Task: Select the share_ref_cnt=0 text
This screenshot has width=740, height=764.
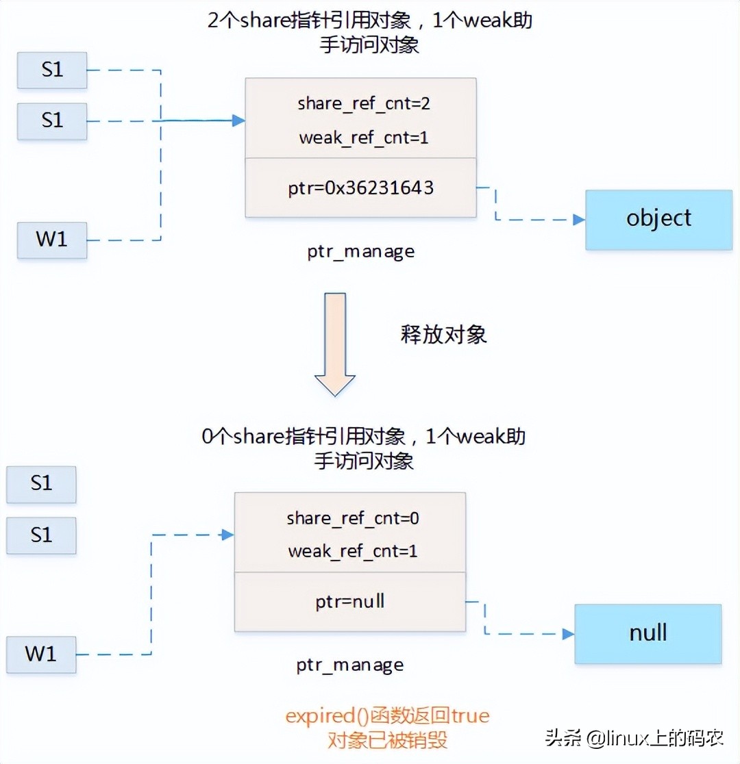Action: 352,518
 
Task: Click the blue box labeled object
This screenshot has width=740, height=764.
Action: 658,219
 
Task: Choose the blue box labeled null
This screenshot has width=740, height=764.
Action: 647,633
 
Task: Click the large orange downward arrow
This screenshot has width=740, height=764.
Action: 334,344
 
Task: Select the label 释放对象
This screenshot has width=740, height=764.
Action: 443,334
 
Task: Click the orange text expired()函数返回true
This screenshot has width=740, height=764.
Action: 387,716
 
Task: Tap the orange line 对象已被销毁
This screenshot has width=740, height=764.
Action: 387,740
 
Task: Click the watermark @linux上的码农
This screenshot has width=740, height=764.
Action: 634,738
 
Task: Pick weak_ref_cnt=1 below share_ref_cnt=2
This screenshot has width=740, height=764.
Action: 363,138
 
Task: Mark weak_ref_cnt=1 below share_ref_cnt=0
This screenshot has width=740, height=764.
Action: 352,551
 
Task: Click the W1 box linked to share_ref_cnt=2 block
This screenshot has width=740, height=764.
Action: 52,240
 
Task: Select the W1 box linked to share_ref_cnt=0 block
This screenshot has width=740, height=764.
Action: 41,654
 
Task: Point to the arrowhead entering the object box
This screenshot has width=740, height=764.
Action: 579,220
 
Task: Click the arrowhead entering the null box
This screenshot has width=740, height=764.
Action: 568,634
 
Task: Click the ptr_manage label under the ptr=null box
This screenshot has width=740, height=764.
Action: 349,665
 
